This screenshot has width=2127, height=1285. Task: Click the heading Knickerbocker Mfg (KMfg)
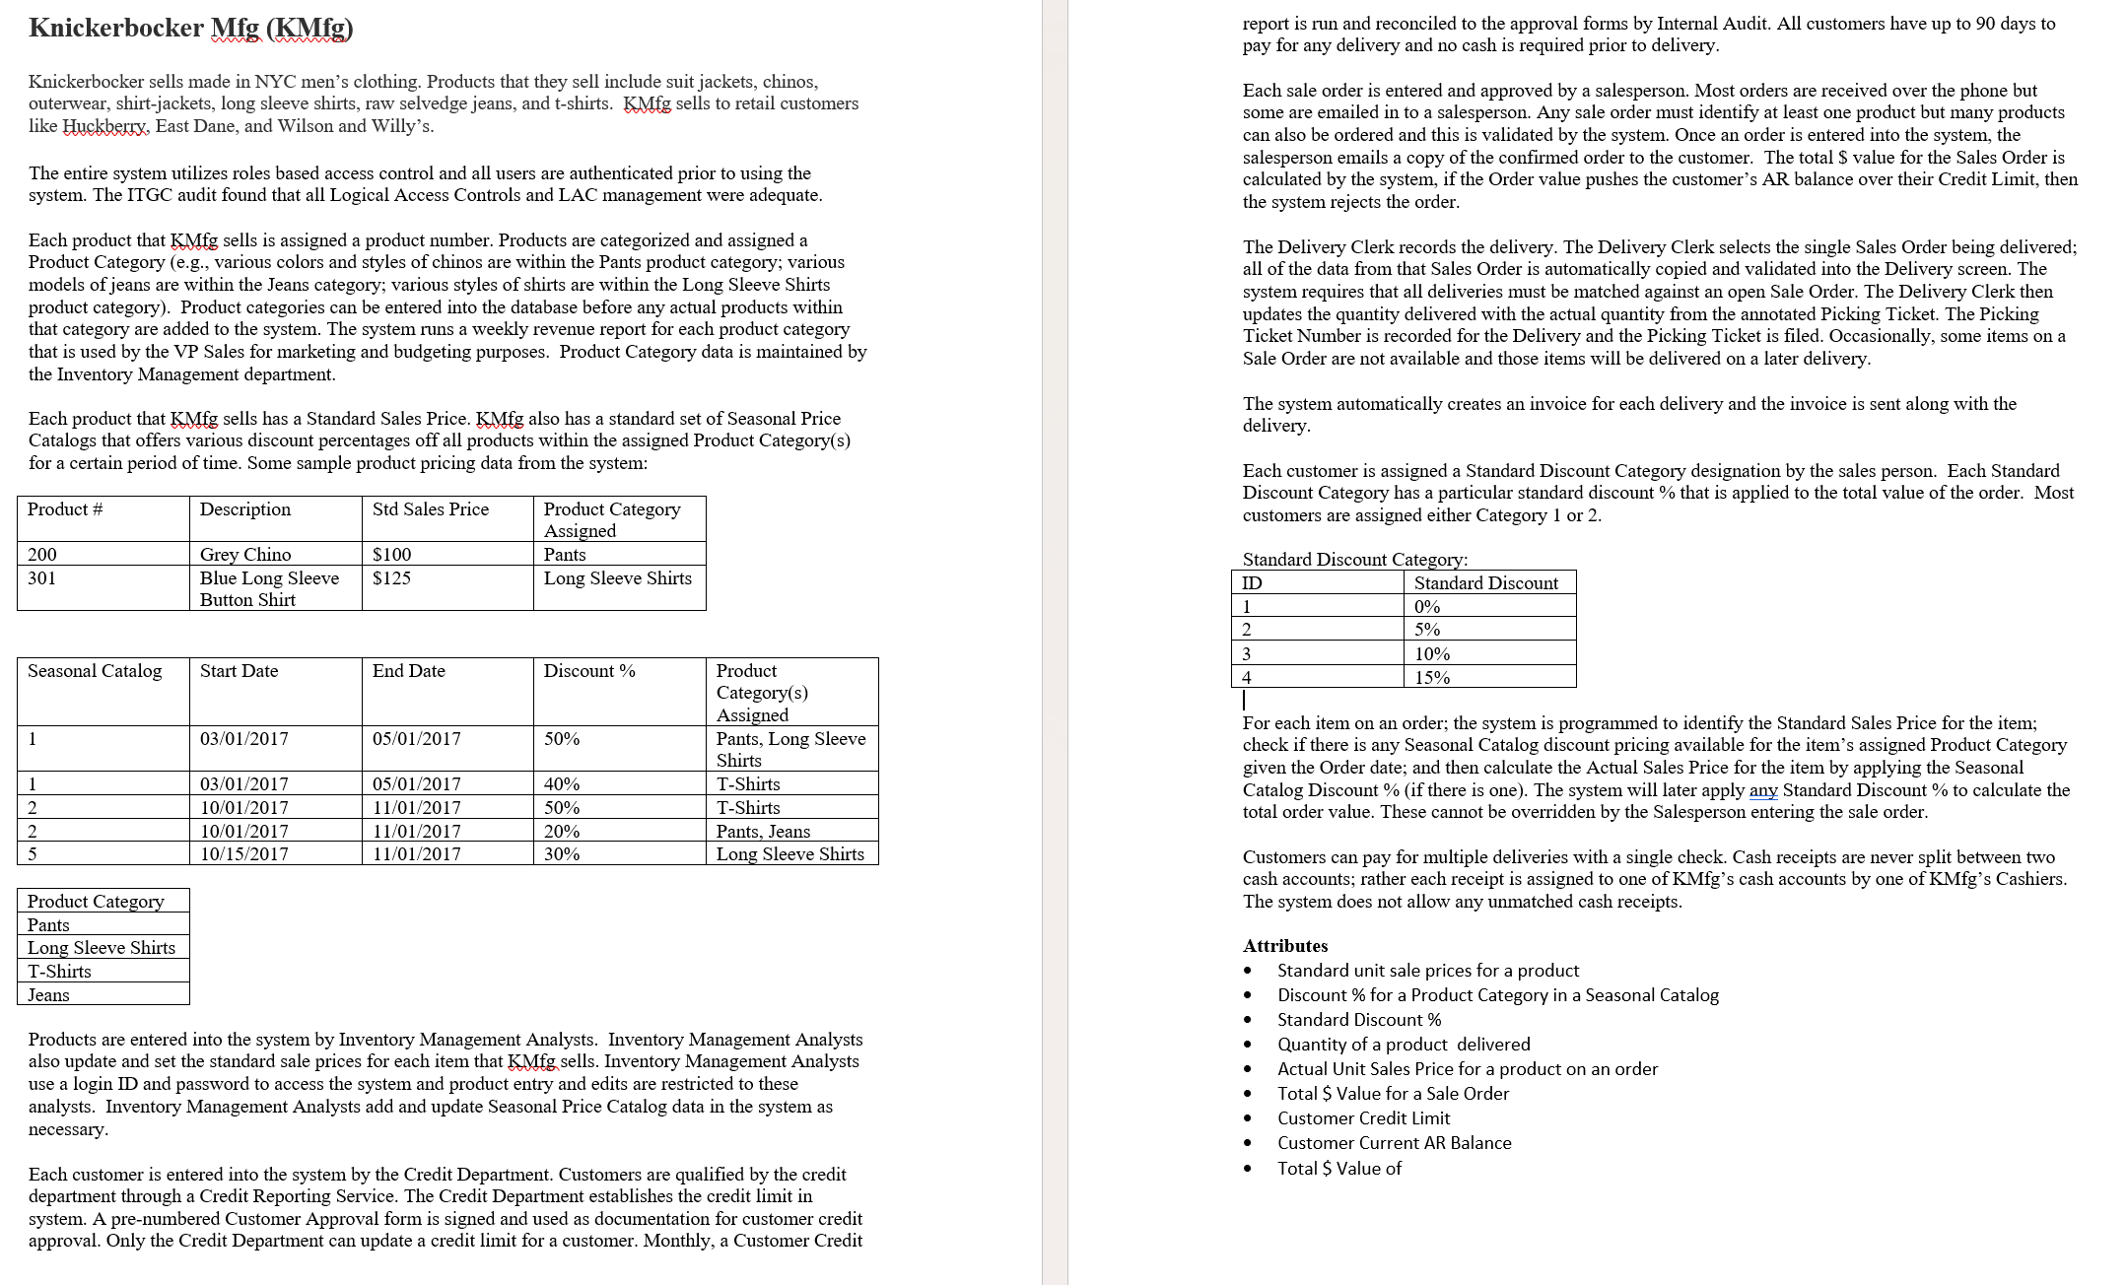click(191, 28)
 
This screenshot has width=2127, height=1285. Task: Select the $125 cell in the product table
click(392, 578)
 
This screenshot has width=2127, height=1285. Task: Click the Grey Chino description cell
click(245, 555)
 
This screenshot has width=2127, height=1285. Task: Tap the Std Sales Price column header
click(431, 509)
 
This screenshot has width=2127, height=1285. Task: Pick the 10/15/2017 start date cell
click(244, 854)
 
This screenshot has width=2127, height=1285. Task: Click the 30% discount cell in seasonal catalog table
click(562, 854)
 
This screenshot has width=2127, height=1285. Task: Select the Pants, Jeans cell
click(763, 832)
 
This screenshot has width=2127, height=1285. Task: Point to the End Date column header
click(409, 671)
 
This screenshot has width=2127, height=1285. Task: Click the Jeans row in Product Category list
click(49, 995)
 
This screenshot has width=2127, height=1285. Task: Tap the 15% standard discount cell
click(1432, 678)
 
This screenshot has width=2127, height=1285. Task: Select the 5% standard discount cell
click(1427, 630)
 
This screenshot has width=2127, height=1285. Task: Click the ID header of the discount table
click(1252, 583)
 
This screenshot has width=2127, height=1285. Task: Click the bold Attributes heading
click(1285, 946)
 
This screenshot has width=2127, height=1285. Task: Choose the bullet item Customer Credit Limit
click(1363, 1118)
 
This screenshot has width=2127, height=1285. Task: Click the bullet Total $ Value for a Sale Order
click(1393, 1094)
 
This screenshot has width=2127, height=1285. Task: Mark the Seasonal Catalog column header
click(95, 671)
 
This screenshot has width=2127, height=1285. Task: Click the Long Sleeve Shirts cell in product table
click(618, 578)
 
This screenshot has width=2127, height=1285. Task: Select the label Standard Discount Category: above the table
click(1355, 560)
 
